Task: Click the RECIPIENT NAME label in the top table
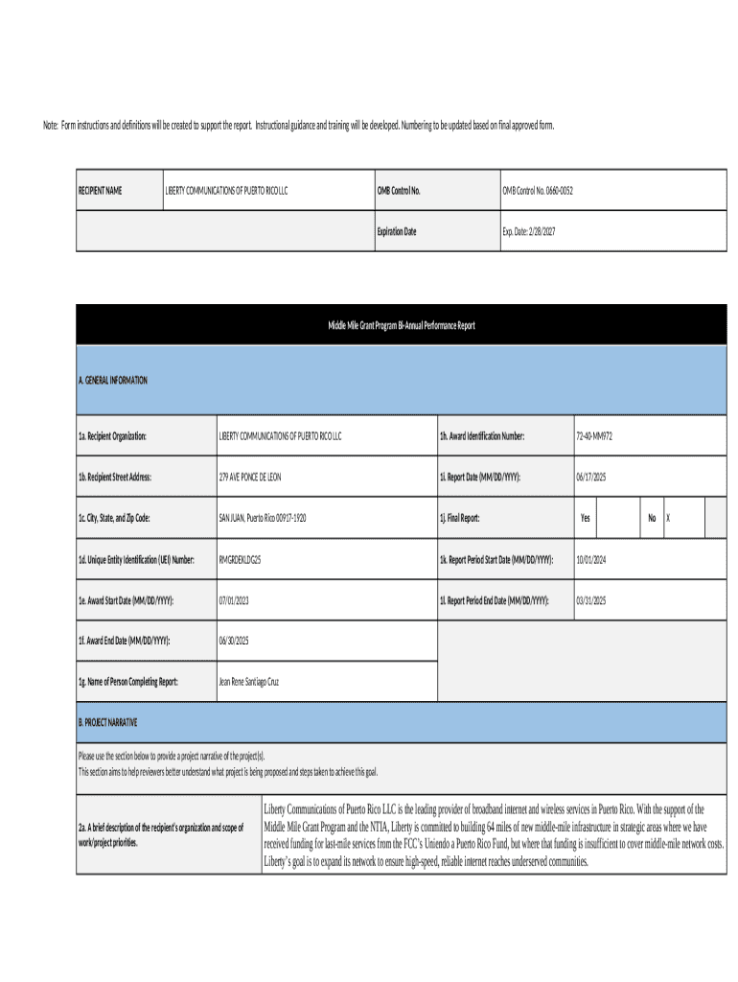pos(100,191)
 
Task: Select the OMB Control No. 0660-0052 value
pos(538,191)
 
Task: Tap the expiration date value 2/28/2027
pos(529,232)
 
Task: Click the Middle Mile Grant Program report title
pos(401,326)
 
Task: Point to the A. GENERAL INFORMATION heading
pos(113,381)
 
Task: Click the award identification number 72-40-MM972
pos(594,436)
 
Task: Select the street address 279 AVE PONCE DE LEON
pos(250,478)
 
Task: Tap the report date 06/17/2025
pos(592,478)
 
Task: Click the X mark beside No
pos(668,519)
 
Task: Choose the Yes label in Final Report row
pos(585,519)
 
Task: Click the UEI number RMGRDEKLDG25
pos(240,560)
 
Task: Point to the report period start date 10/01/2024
pos(592,560)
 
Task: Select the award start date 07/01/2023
pos(235,601)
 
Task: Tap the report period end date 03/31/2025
pos(592,601)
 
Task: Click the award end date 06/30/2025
pos(235,642)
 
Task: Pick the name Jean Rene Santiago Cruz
pos(249,683)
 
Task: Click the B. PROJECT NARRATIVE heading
pos(108,721)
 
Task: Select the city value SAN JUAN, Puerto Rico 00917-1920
pos(262,519)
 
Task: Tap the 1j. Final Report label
pos(459,519)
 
